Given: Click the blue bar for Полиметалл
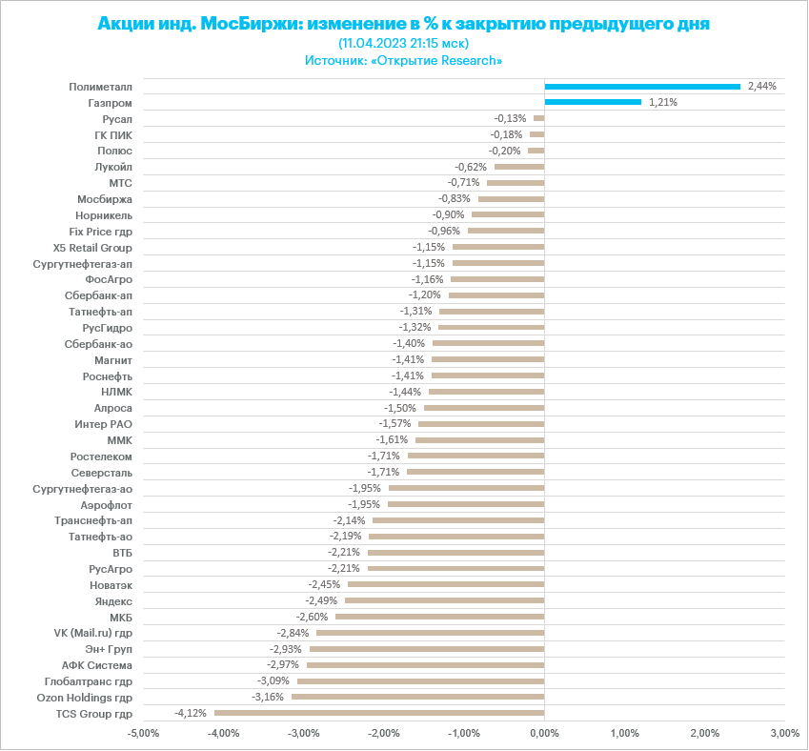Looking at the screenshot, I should click(x=642, y=87).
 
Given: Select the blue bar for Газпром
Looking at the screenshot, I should click(x=593, y=102).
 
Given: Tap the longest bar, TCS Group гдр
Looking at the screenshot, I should click(x=379, y=713).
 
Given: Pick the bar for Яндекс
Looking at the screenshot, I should click(x=444, y=600).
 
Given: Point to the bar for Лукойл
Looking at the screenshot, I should click(x=519, y=167).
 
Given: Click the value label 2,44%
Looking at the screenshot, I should click(x=762, y=86).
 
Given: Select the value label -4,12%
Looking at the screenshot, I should click(x=191, y=713).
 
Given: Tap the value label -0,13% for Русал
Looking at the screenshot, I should click(x=510, y=118).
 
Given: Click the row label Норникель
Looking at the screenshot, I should click(x=105, y=214).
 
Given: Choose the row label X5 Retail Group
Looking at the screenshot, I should click(x=93, y=247).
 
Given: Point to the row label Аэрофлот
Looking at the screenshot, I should click(x=107, y=504).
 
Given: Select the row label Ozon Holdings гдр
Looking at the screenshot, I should click(x=84, y=698).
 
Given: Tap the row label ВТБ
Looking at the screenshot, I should click(x=123, y=553).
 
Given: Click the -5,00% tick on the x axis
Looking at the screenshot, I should click(x=143, y=733).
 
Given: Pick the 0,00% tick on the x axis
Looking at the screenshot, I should click(x=544, y=733).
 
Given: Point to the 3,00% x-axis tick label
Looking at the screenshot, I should click(x=784, y=733).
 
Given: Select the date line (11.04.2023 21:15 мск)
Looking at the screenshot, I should click(x=404, y=43).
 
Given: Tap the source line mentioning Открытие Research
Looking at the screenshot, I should click(x=404, y=60).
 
